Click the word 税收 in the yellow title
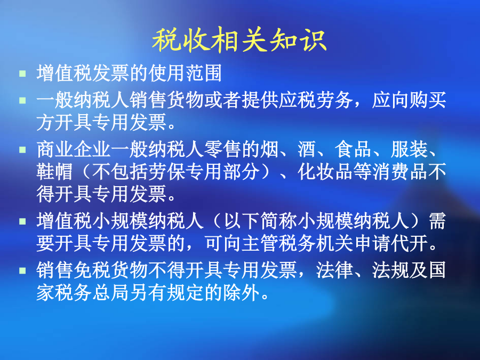pyautogui.click(x=181, y=40)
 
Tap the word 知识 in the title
pyautogui.click(x=298, y=40)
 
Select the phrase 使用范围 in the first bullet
pyautogui.click(x=185, y=74)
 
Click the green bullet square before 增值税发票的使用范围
pyautogui.click(x=22, y=74)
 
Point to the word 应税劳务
pyautogui.click(x=316, y=100)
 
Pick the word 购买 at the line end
pyautogui.click(x=427, y=100)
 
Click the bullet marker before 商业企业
pyautogui.click(x=22, y=149)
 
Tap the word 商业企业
pyautogui.click(x=74, y=149)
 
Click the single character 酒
pyautogui.click(x=307, y=149)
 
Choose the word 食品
pyautogui.click(x=353, y=149)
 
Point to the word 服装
pyautogui.click(x=409, y=149)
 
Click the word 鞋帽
pyautogui.click(x=55, y=171)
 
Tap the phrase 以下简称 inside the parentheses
pyautogui.click(x=260, y=221)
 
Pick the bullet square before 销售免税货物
pyautogui.click(x=22, y=270)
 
